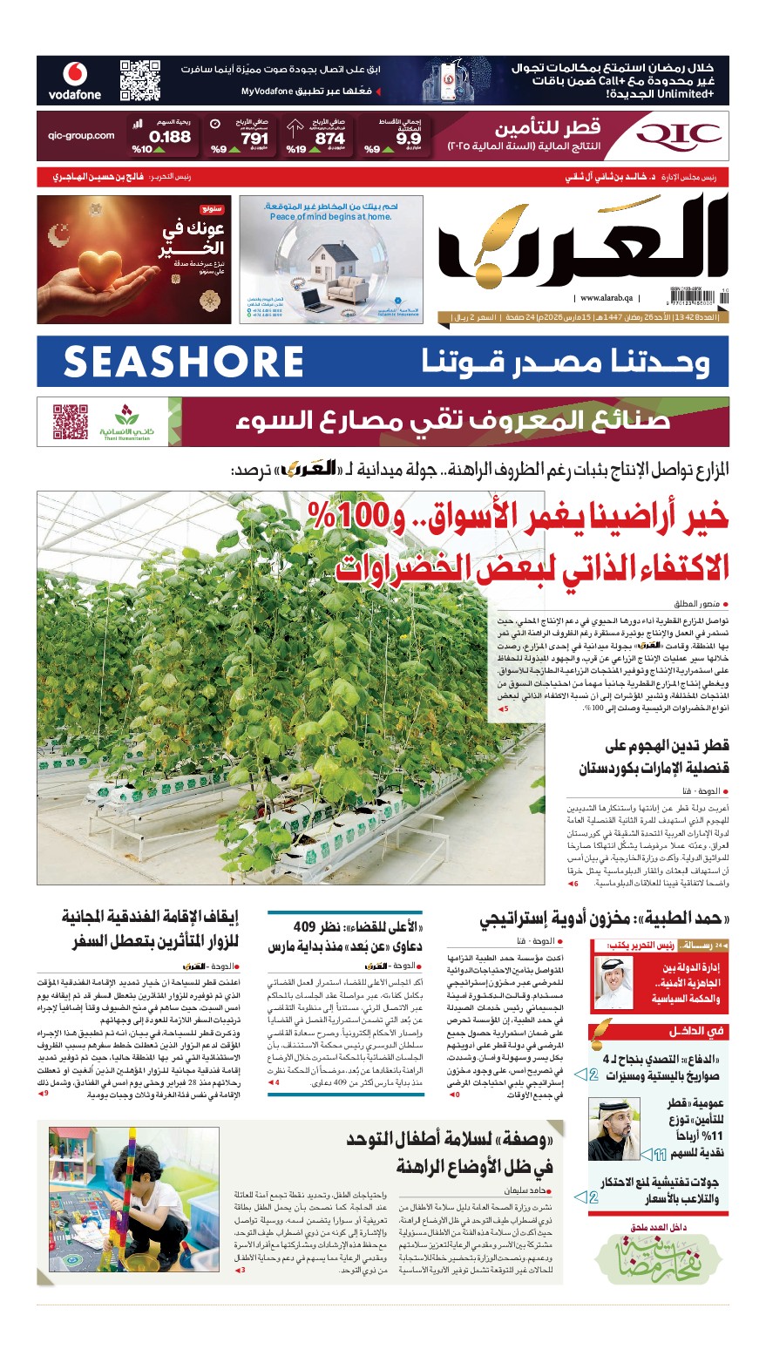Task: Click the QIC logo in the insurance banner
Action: pos(679,134)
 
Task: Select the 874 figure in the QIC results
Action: pos(329,138)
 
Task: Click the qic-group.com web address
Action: pos(81,136)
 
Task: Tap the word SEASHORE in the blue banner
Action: pos(183,362)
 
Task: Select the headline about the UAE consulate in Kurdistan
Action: pos(654,757)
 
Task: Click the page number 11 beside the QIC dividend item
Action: pos(659,1154)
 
